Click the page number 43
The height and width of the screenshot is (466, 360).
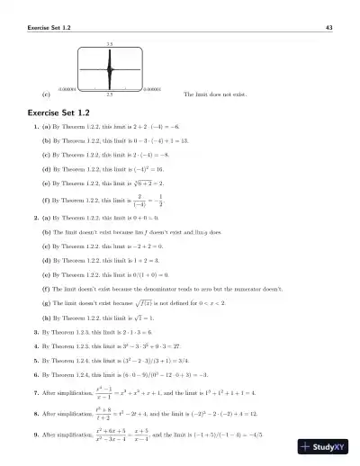pos(328,28)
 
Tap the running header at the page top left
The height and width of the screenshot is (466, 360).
pos(51,28)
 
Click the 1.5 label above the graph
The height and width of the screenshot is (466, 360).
pos(109,43)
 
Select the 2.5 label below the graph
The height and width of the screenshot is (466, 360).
pos(109,94)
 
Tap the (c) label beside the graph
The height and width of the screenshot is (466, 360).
pos(46,94)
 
